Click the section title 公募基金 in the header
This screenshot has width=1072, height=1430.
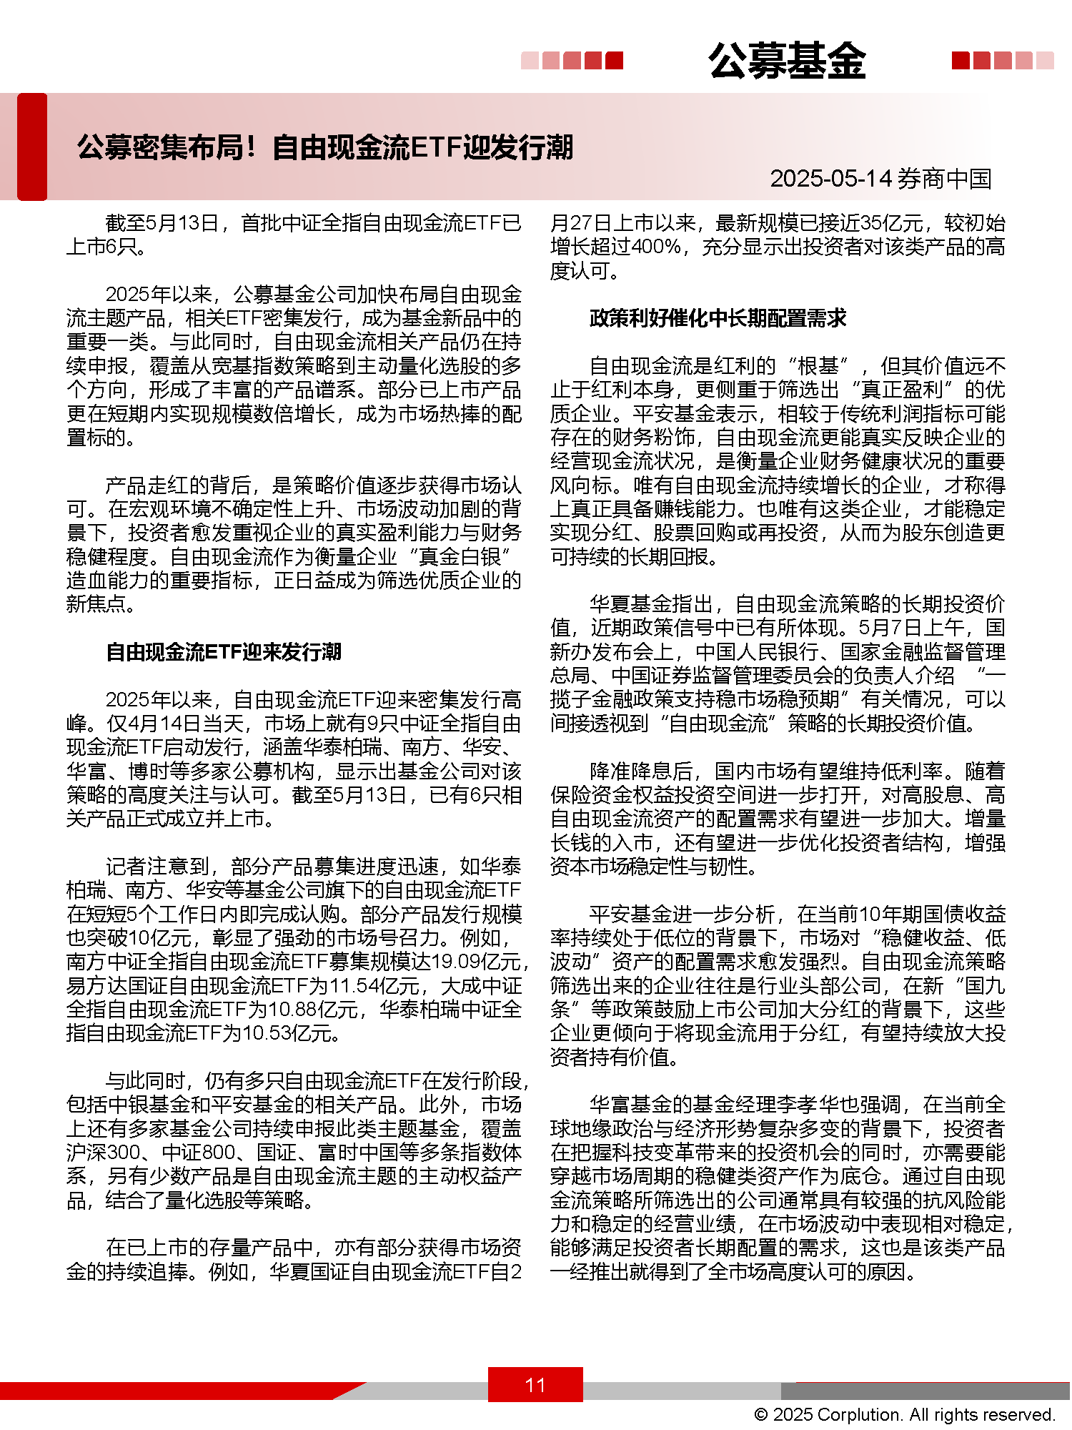click(x=787, y=61)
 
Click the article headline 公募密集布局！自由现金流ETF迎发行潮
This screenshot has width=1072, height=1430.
click(x=325, y=147)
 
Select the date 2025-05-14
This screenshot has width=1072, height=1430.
click(x=831, y=179)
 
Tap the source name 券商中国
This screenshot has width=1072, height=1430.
click(x=945, y=179)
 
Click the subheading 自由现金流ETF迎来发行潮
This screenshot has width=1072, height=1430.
click(x=223, y=652)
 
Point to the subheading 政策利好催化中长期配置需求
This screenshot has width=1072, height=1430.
click(x=718, y=318)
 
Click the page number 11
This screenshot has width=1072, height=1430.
click(x=535, y=1385)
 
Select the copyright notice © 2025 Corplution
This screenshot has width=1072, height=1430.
click(x=904, y=1414)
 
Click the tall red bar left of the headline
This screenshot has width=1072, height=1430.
click(x=32, y=147)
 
